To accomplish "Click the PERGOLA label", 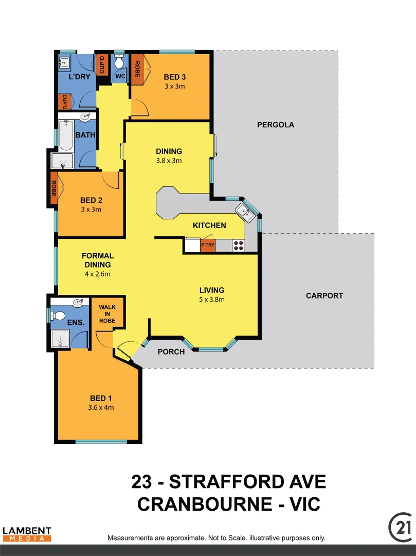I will coord(276,125).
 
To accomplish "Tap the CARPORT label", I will coord(324,296).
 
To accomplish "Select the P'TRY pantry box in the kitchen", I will coord(208,246).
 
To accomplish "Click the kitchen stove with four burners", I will coord(239,246).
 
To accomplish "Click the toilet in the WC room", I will coord(119,64).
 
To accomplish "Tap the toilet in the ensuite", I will coord(58,315).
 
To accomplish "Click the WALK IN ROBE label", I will coord(107,314).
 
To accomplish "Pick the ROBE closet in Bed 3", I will coord(137,69).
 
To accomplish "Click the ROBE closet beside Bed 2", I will coord(53,188).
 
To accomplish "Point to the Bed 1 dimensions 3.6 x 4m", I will coord(101,407).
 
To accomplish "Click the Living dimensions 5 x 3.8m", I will coord(212,299).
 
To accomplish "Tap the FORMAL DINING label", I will coord(98,260).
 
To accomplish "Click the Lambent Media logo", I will coord(27,534).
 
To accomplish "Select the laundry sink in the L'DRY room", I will coord(64,63).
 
